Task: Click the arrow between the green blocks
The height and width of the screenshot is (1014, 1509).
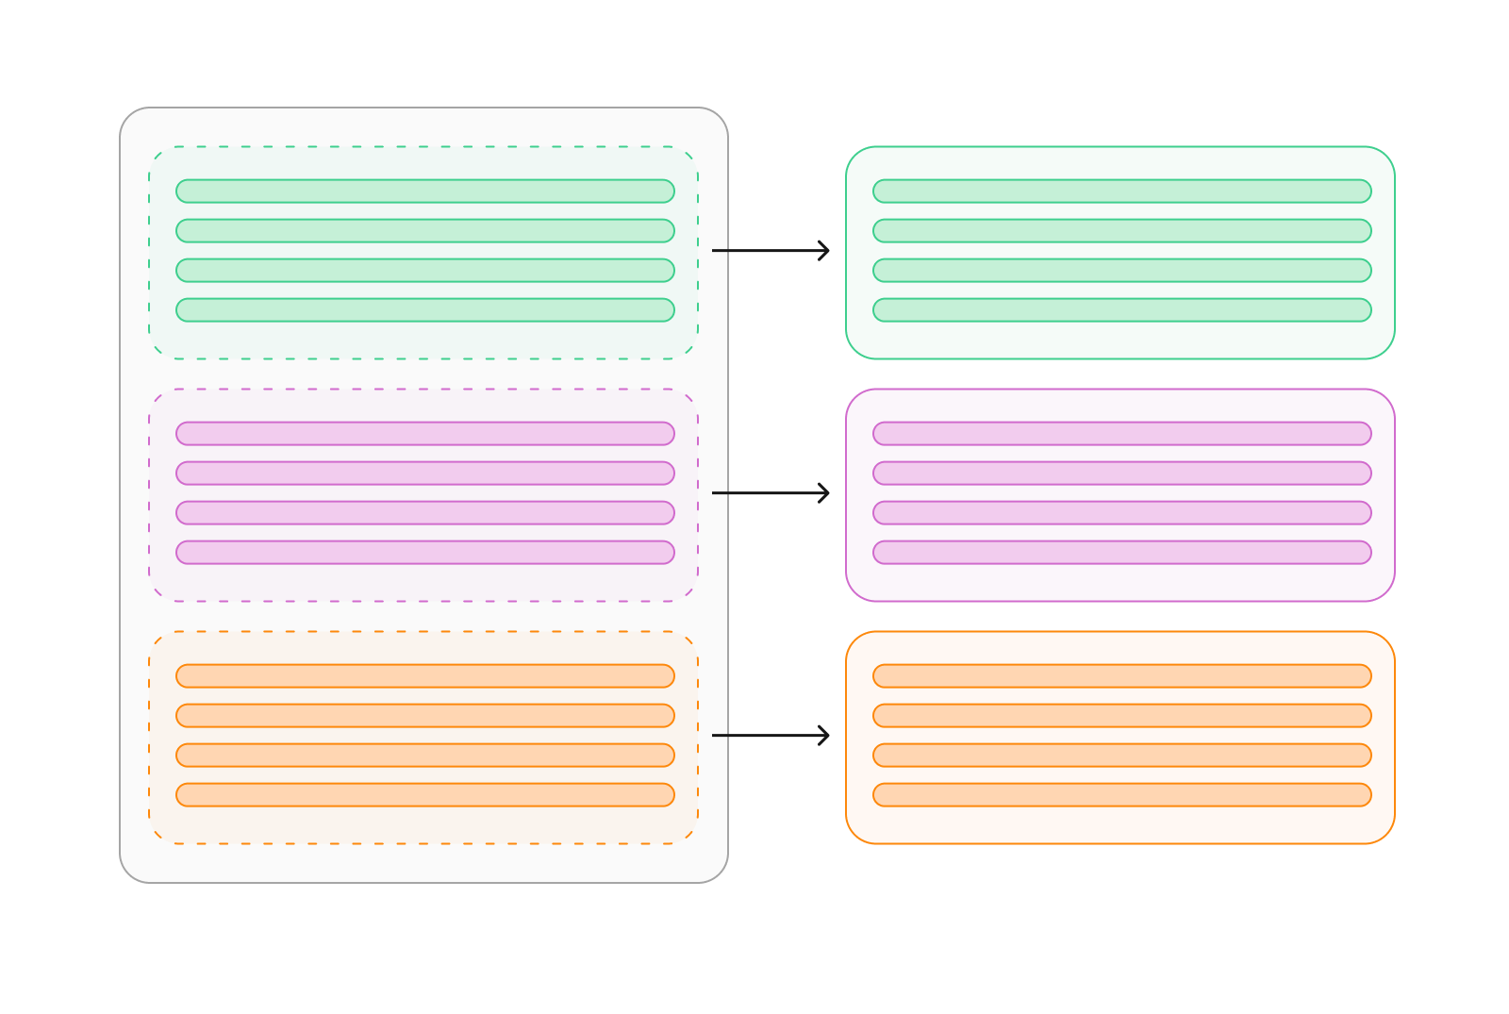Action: click(x=771, y=251)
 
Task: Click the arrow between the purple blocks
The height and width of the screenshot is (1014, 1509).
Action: click(x=771, y=493)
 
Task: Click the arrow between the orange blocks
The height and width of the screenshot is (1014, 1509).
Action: click(x=771, y=736)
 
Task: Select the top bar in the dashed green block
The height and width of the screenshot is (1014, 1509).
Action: click(x=425, y=191)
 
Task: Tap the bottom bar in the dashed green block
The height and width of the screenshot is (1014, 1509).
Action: click(x=425, y=310)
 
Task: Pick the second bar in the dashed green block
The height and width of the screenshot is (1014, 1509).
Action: click(x=425, y=231)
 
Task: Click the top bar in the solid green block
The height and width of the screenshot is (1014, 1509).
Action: click(x=1122, y=191)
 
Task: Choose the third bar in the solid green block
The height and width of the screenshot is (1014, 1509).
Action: click(x=1122, y=271)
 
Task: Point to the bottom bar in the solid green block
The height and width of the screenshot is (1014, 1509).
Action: click(x=1122, y=310)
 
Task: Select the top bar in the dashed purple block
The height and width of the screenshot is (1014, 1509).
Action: click(x=425, y=434)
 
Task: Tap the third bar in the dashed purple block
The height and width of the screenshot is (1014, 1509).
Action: click(x=425, y=513)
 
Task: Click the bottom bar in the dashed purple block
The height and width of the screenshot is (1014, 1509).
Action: click(x=425, y=553)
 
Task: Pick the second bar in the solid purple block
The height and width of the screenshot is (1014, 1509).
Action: click(x=1122, y=474)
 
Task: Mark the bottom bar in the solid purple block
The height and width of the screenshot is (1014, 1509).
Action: click(x=1122, y=553)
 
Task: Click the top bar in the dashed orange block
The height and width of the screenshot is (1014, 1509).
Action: click(x=425, y=676)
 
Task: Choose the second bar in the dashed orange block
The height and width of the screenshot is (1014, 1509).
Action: click(x=425, y=716)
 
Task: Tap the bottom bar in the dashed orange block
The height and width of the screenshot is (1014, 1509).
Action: click(x=425, y=795)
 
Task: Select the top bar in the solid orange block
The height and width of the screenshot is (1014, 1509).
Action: click(x=1122, y=676)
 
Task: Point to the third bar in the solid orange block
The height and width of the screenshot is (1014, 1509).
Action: click(x=1122, y=756)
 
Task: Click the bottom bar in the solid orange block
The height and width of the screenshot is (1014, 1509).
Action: click(x=1122, y=795)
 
